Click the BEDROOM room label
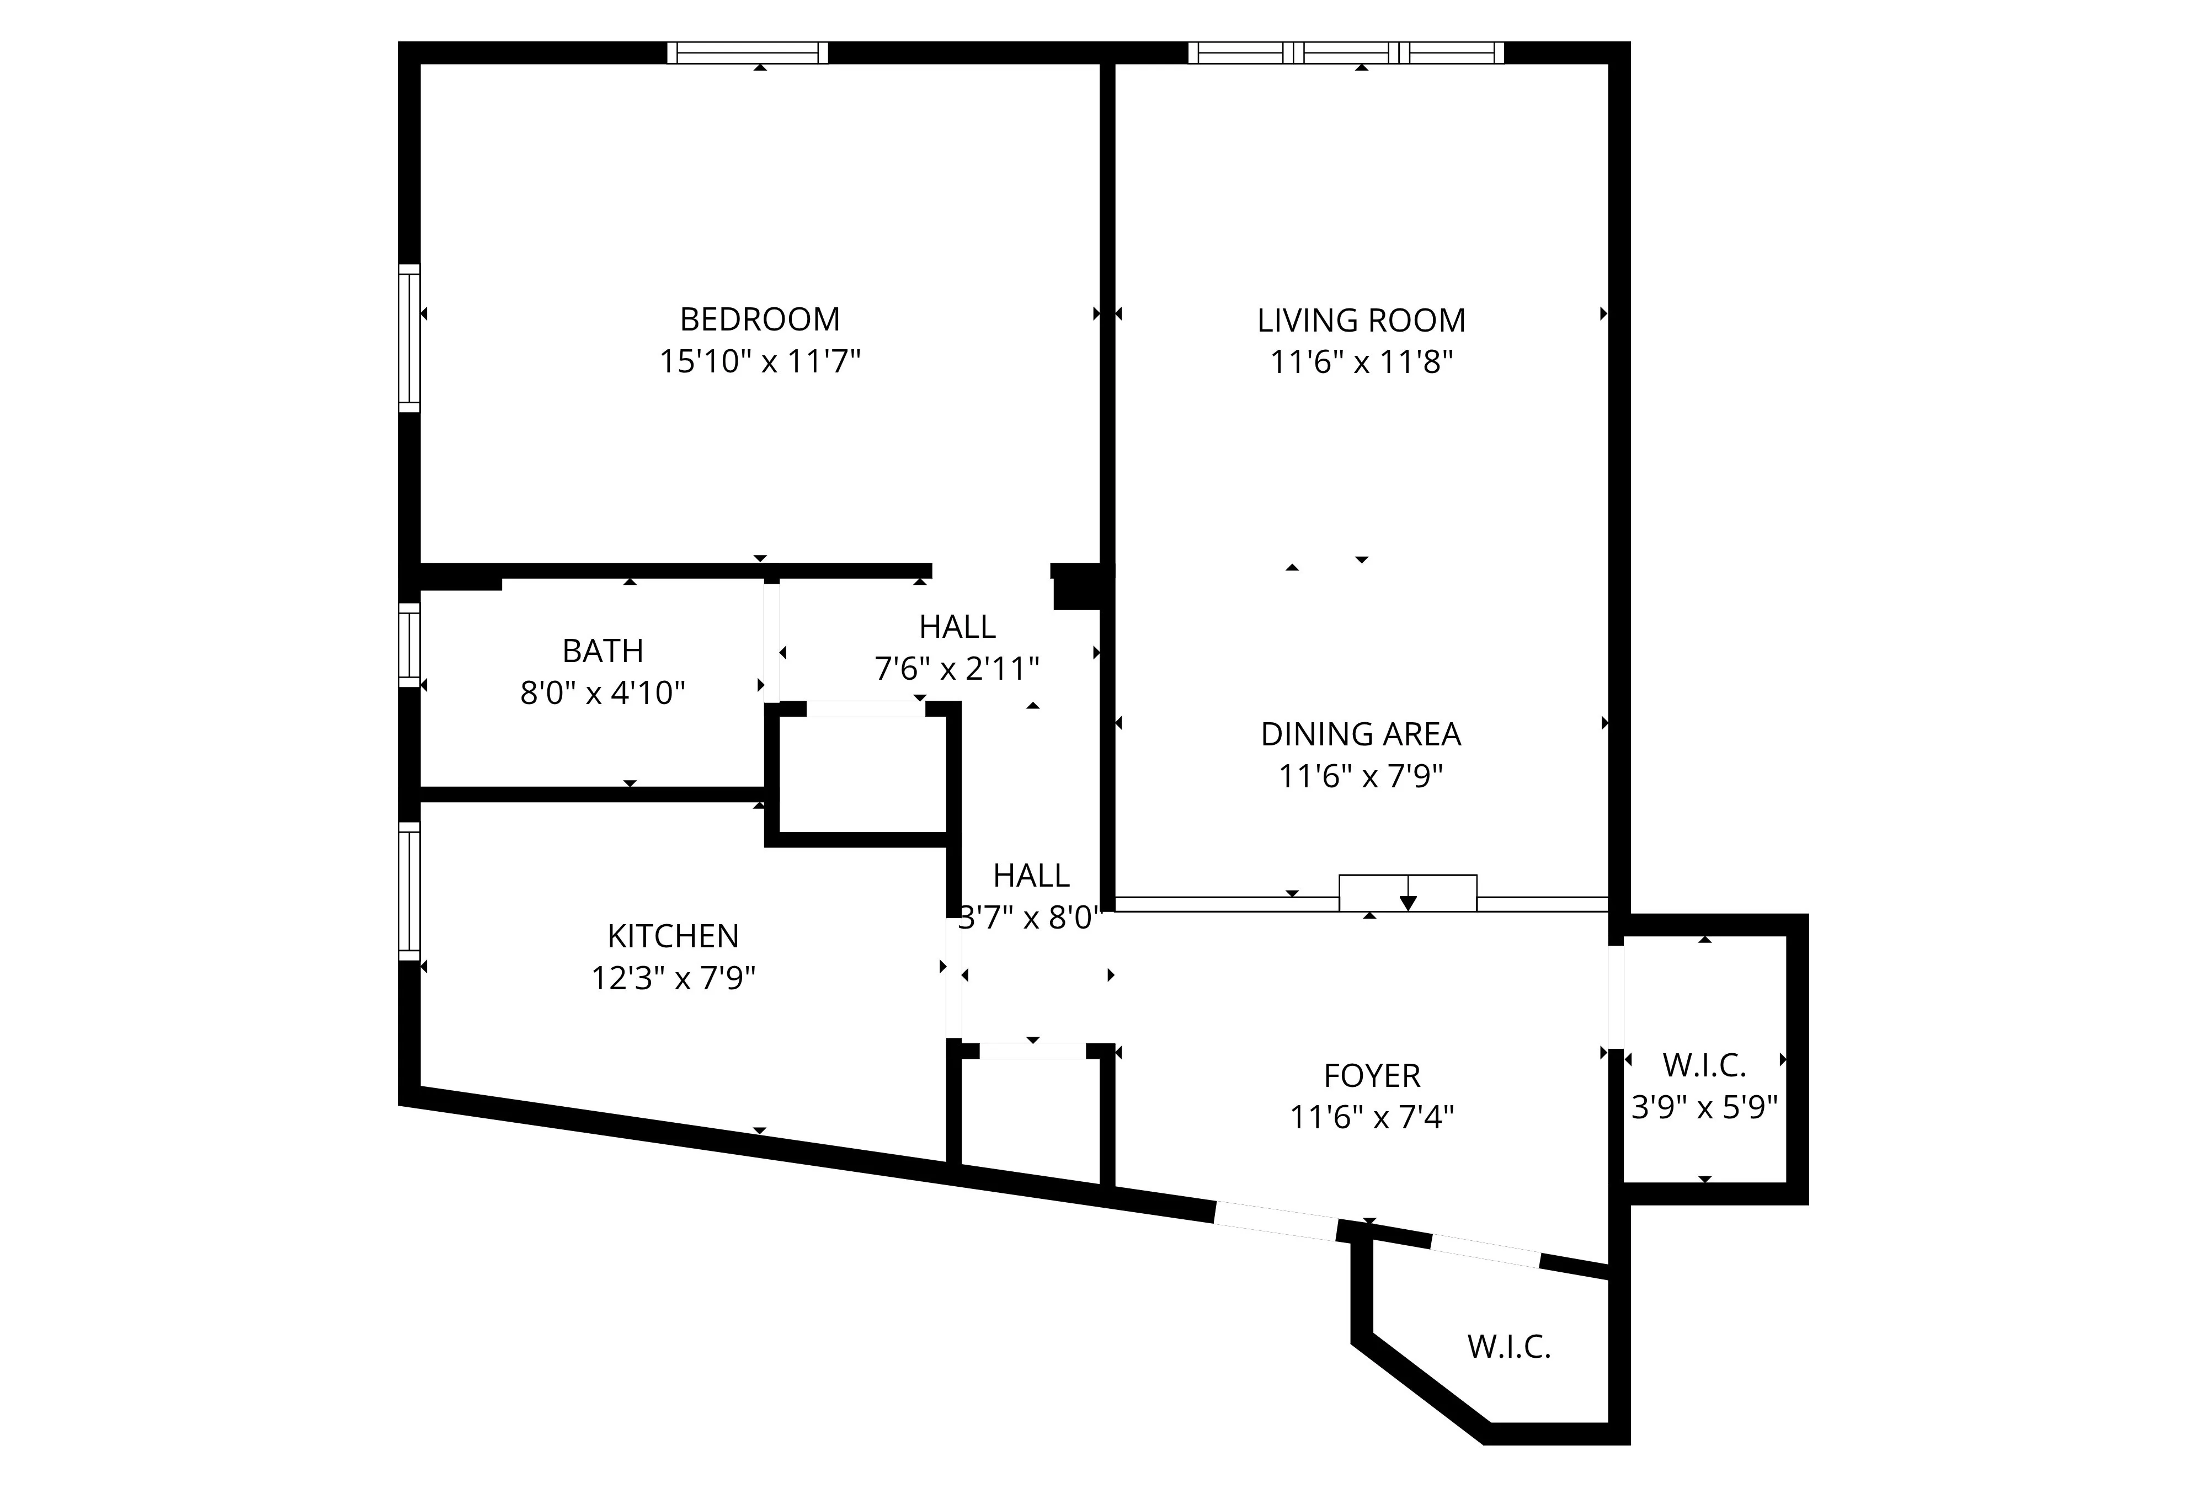tap(760, 319)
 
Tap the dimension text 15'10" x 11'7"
tap(760, 362)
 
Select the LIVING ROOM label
tap(1361, 321)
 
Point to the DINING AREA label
tap(1360, 734)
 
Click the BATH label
tap(603, 652)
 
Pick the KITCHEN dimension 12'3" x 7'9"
tap(673, 978)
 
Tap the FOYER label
tap(1371, 1076)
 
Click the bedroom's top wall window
tap(748, 52)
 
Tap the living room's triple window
tap(1346, 52)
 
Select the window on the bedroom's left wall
tap(408, 339)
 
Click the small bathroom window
tap(408, 645)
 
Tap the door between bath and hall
tap(772, 643)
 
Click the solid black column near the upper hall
tap(1078, 587)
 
